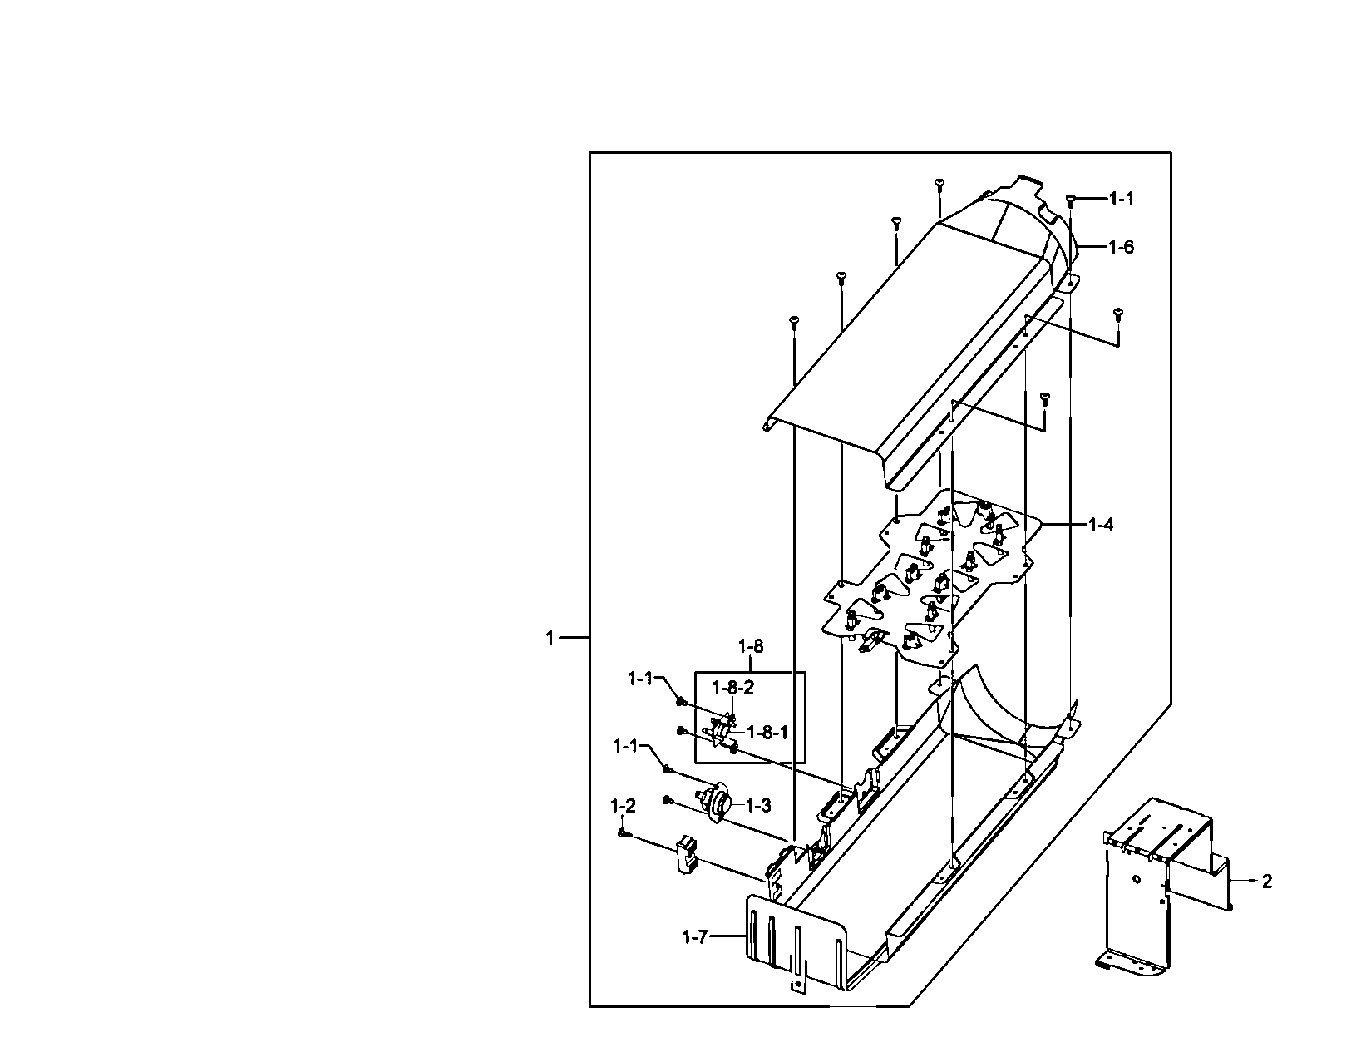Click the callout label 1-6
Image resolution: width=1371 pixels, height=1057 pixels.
tap(1121, 247)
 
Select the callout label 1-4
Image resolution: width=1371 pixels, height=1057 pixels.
tap(1101, 525)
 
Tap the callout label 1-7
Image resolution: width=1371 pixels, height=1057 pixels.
tap(694, 937)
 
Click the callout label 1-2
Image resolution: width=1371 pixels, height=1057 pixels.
tap(623, 806)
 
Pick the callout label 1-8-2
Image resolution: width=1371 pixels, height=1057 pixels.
tap(732, 687)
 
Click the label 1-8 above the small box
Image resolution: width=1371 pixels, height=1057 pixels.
tap(750, 646)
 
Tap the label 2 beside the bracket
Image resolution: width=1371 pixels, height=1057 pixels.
tap(1266, 882)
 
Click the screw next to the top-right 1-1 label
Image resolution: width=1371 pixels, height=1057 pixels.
tap(1071, 199)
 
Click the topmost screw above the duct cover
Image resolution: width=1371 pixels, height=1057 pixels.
tap(939, 183)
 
